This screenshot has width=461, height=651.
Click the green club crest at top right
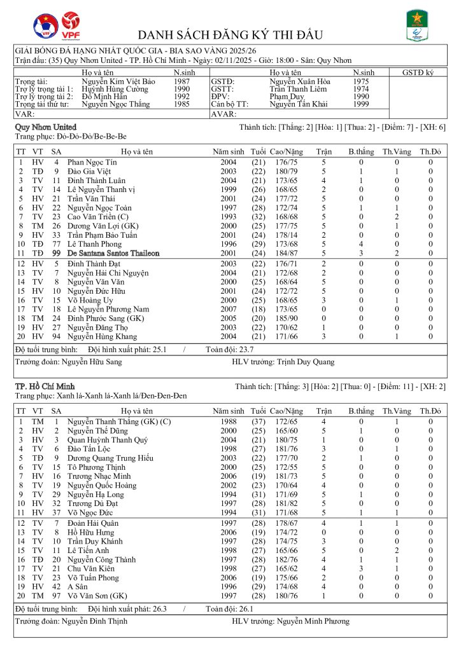coord(418,25)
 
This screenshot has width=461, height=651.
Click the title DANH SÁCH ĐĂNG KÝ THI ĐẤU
coord(230,34)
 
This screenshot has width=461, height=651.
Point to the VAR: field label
coord(24,114)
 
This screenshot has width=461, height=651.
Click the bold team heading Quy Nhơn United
coord(45,127)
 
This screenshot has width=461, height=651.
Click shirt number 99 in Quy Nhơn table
coord(56,253)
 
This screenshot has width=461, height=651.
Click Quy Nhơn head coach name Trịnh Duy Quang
coord(306,362)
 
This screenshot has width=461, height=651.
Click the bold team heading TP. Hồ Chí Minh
coord(44,387)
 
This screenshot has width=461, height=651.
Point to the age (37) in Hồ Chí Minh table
coord(259,421)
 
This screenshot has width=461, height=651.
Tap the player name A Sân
coord(78,587)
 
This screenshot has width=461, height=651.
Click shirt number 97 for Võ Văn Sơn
coord(56,596)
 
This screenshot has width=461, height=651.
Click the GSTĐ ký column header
coord(418,73)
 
